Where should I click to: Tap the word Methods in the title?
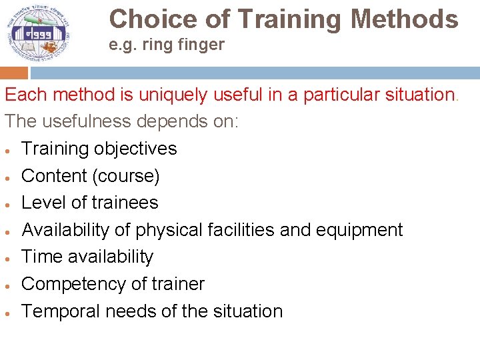[405, 19]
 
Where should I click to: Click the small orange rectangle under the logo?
[14, 73]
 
